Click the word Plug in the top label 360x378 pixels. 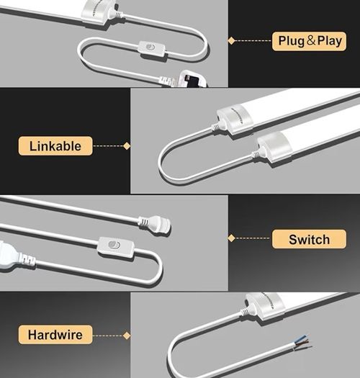pyautogui.click(x=292, y=41)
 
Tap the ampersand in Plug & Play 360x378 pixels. pyautogui.click(x=311, y=40)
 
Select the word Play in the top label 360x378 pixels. pyautogui.click(x=330, y=41)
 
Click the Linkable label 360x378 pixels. pyautogui.click(x=55, y=146)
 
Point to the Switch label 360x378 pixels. pyautogui.click(x=309, y=239)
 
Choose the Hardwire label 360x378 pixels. pyautogui.click(x=55, y=335)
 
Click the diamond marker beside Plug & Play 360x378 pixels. pyautogui.click(x=232, y=41)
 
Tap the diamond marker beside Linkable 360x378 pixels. pyautogui.click(x=127, y=146)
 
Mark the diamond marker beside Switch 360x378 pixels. pyautogui.click(x=232, y=238)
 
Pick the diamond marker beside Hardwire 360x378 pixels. pyautogui.click(x=127, y=336)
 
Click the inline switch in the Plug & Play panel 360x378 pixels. pyautogui.click(x=152, y=50)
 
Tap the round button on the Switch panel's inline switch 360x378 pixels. pyautogui.click(x=114, y=245)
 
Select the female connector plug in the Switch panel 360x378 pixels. pyautogui.click(x=155, y=223)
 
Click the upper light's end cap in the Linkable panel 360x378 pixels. pyautogui.click(x=234, y=120)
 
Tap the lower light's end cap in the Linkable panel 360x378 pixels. pyautogui.click(x=274, y=147)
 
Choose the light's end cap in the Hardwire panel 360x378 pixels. pyautogui.click(x=264, y=305)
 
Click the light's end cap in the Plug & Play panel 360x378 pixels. pyautogui.click(x=99, y=12)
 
